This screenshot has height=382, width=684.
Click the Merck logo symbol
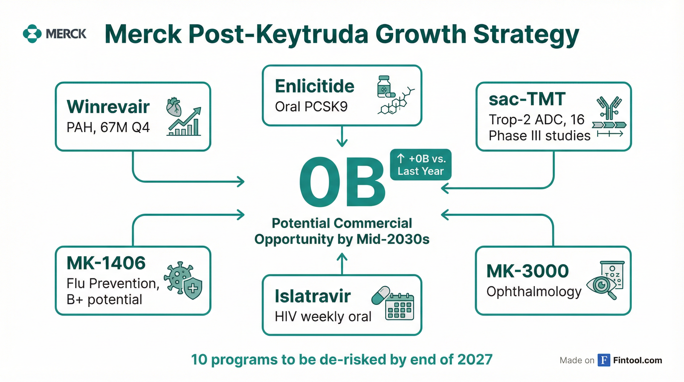pos(32,34)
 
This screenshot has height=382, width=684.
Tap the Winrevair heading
pos(108,107)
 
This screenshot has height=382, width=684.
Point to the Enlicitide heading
pos(314,86)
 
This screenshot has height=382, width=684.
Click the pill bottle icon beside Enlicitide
pos(384,87)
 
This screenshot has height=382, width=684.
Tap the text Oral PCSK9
pos(311,107)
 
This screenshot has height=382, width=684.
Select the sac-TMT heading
pos(527,99)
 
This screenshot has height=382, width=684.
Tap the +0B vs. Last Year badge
pos(421,165)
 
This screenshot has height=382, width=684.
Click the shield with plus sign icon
pos(193,289)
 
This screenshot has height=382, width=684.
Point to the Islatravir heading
pos(312,296)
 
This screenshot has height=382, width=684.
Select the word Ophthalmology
pos(534,292)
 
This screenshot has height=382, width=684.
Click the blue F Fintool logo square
pos(604,360)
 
